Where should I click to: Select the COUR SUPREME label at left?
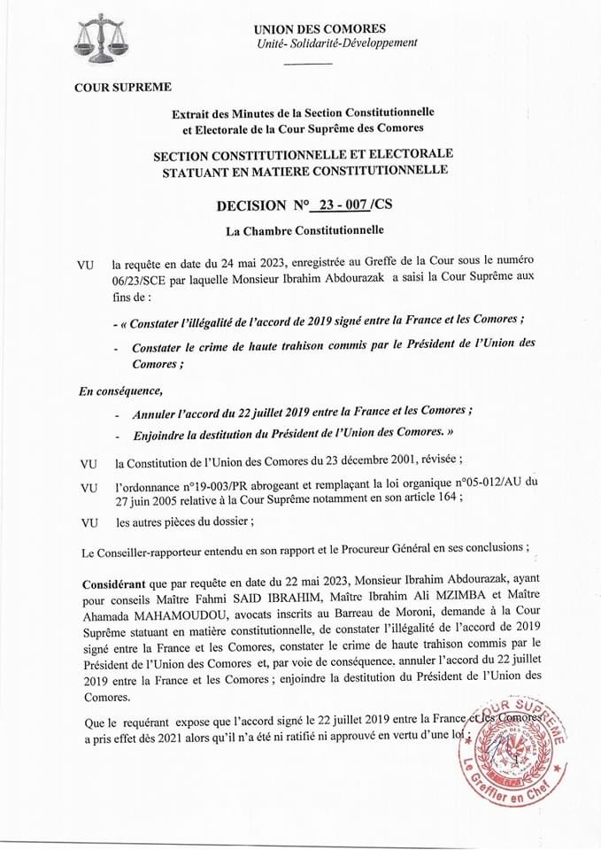click(122, 87)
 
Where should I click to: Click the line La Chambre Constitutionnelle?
click(304, 232)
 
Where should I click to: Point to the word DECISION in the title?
click(257, 206)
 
